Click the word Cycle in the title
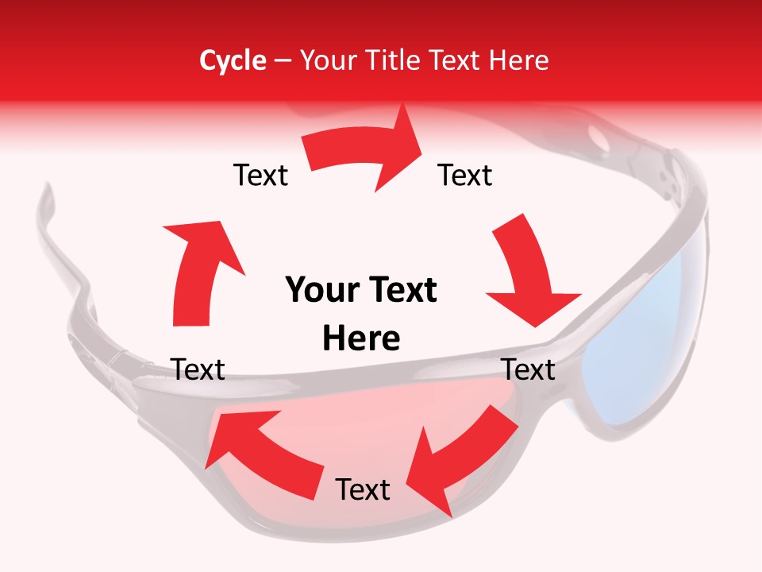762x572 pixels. tap(233, 60)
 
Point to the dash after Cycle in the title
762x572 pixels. tap(283, 61)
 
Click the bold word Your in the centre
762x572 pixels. tap(321, 290)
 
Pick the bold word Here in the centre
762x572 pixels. tap(361, 338)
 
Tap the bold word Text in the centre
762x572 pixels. tap(402, 290)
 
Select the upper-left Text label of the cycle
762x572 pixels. tap(260, 175)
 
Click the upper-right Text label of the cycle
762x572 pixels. tap(465, 175)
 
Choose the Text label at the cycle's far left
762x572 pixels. tap(198, 369)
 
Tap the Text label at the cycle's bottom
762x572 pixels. tap(363, 489)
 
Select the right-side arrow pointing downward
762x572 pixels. tap(528, 274)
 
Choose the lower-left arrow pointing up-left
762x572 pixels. tap(262, 453)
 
